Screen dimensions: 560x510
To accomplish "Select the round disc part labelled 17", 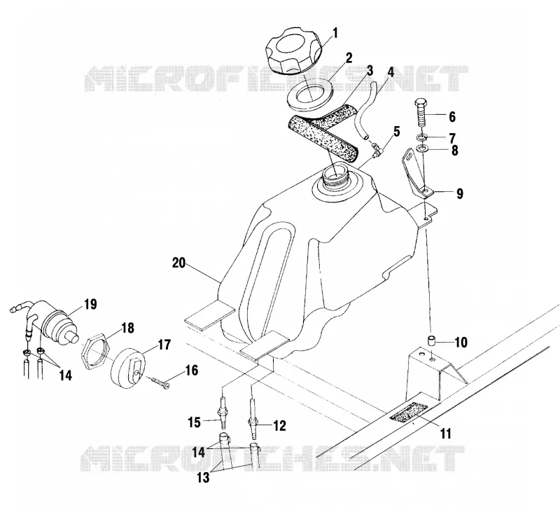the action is coord(128,368).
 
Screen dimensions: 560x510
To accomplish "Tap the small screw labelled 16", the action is coord(161,382).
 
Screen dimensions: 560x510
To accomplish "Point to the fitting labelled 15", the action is coord(223,414).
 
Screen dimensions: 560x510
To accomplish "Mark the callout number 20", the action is coord(179,263).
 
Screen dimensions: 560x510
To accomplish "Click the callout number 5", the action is coord(396,132).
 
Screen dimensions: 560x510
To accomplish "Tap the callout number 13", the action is coord(204,477).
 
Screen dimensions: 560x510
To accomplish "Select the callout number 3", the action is coord(370,71).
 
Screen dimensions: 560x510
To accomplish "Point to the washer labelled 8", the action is coord(422,149).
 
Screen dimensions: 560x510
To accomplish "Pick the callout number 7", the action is coord(452,138).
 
